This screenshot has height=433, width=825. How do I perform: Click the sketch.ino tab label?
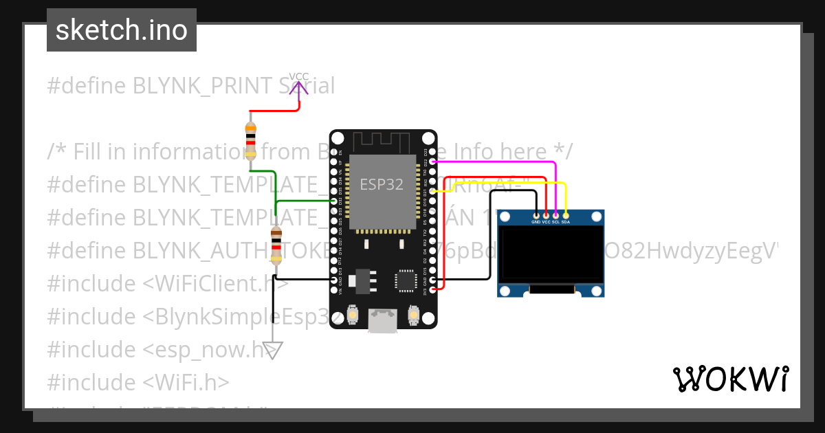coord(122,30)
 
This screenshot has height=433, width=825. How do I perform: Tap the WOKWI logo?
coord(730,379)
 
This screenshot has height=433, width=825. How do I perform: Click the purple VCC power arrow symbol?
coord(299,103)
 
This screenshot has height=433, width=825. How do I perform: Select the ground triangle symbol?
coord(273,351)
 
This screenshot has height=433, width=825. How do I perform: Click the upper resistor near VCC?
coord(251,140)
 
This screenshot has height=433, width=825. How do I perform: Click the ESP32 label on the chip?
coord(382,184)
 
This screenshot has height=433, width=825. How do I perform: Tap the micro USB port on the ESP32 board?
coord(383,320)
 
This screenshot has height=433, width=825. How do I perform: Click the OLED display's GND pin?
coord(536,216)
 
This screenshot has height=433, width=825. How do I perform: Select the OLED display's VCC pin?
coord(546,216)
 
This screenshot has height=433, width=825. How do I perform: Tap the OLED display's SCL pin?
coord(555,216)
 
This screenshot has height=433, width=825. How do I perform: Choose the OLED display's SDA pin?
coord(565,216)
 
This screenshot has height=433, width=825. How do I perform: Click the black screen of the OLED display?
coord(551,254)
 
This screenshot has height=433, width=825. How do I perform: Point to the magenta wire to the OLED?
coord(495,162)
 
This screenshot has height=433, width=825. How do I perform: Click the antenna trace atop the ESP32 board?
coord(383,141)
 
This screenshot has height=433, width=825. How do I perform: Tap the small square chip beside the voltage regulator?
coord(406,280)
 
